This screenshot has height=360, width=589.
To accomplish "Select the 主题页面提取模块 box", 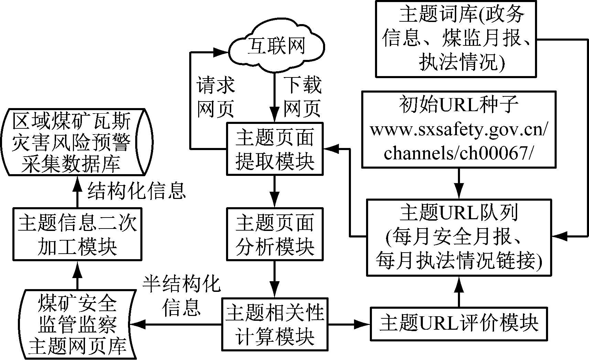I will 275,149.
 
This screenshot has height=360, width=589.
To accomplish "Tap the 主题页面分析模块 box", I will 275,234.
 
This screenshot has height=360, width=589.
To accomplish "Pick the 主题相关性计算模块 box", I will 275,324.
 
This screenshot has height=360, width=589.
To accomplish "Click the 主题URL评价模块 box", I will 459,324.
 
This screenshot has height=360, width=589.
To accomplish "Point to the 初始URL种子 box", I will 459,129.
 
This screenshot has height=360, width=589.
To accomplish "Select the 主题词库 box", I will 456,39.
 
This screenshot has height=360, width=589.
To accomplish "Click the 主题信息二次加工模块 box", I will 77,234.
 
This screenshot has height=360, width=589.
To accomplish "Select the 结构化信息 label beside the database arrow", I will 137,190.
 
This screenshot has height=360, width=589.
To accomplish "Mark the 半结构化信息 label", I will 181,295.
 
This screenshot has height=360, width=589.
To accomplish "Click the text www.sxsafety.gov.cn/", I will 459,130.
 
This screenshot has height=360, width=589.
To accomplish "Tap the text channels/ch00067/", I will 459,153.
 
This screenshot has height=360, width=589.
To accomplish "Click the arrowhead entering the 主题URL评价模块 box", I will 363,324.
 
